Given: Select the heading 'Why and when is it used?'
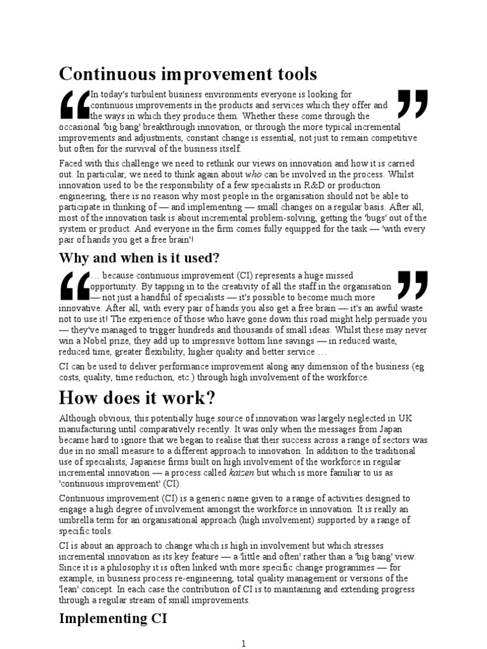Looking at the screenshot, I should [x=139, y=258].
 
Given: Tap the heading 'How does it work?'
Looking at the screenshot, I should [x=137, y=398].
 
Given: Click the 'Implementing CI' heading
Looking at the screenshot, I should [x=113, y=618].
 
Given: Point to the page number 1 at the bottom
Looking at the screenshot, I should [x=243, y=643].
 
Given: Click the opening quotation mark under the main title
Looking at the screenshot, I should [x=74, y=105].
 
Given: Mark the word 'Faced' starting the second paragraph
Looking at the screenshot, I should [x=72, y=162].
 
